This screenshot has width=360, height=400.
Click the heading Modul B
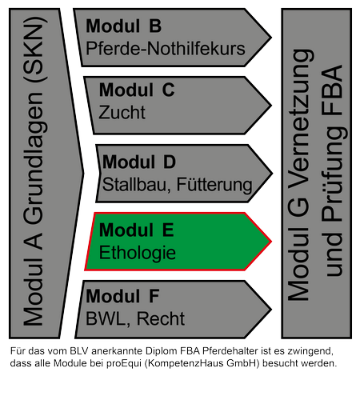pyautogui.click(x=123, y=26)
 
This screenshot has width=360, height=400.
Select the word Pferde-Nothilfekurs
pyautogui.click(x=166, y=49)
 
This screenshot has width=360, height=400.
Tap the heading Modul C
pyautogui.click(x=137, y=90)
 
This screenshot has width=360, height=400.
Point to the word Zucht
pyautogui.click(x=122, y=112)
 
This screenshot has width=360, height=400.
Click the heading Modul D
pyautogui.click(x=139, y=162)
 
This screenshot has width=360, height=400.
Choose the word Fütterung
pyautogui.click(x=214, y=185)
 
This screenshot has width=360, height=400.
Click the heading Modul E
pyautogui.click(x=137, y=230)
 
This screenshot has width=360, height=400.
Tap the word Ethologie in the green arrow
pyautogui.click(x=138, y=253)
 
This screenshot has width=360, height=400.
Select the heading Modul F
pyautogui.click(x=122, y=296)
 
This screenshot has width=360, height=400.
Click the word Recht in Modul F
pyautogui.click(x=161, y=318)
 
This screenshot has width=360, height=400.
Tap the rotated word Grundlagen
pyautogui.click(x=34, y=158)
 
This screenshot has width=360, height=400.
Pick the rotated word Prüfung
pyautogui.click(x=334, y=174)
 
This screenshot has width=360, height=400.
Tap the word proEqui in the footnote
pyautogui.click(x=124, y=363)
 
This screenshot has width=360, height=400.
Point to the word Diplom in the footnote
pyautogui.click(x=162, y=351)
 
